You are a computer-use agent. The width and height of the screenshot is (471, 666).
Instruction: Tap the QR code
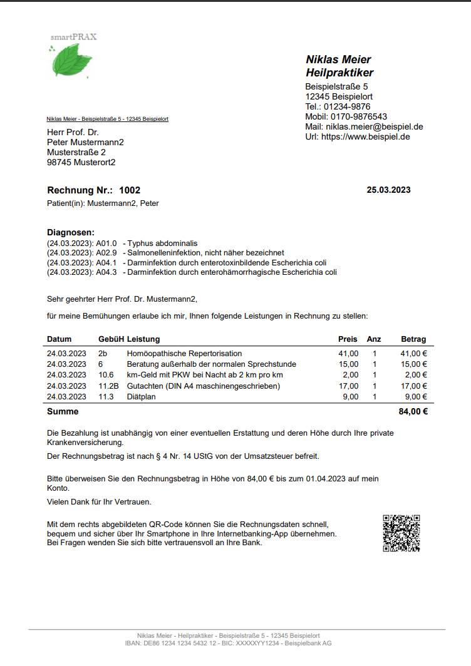tap(401, 533)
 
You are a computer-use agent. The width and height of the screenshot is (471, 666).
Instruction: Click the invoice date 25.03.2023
tap(388, 190)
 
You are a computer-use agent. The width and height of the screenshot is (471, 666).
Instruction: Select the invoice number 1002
tap(130, 190)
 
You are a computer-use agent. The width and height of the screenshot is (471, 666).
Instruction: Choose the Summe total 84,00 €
tap(413, 412)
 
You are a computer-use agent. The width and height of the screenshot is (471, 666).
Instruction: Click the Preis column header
tap(348, 339)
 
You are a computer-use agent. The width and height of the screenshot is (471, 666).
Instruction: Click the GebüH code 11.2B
tap(108, 386)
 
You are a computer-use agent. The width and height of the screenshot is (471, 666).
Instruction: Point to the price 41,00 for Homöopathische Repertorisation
tap(348, 354)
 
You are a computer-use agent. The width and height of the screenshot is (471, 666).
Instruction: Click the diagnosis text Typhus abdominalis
tap(163, 243)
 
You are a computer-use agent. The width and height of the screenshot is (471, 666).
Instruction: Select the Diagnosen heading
tap(71, 232)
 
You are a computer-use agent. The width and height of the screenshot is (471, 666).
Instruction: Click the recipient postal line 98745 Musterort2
tap(81, 162)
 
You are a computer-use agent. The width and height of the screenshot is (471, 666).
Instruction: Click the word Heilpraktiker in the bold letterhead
tap(339, 73)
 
